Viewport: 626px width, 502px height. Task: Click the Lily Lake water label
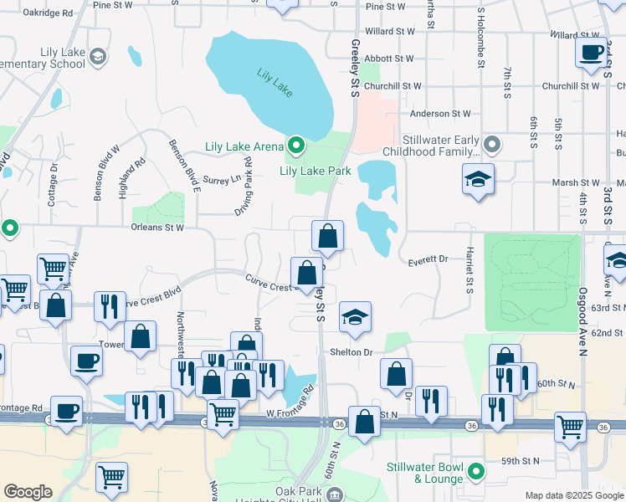[x=275, y=82]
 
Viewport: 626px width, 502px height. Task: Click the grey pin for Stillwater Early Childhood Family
[x=491, y=146]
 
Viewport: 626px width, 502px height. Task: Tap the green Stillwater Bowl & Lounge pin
[x=476, y=473]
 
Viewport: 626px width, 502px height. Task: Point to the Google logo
[x=28, y=492]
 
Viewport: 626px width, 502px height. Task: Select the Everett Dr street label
[x=429, y=262]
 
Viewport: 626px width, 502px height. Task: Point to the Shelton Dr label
[x=355, y=352]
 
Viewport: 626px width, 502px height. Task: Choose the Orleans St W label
[x=156, y=227]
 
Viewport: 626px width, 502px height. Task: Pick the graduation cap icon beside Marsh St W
[x=478, y=178]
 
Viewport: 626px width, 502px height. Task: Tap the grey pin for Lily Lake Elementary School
[x=98, y=56]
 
